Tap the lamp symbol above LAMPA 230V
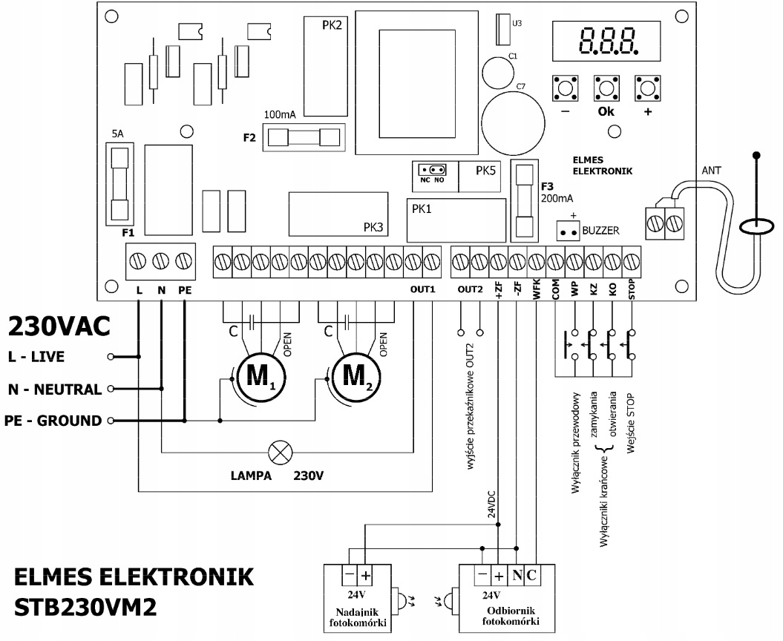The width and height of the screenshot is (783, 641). (281, 450)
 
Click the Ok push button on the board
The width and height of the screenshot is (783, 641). (606, 88)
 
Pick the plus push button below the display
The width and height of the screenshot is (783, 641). (647, 88)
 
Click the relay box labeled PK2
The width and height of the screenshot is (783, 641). (327, 67)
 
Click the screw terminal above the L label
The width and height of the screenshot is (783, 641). (139, 261)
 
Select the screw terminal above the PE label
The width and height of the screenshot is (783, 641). (183, 261)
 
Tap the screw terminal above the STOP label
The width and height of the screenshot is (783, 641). (631, 261)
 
